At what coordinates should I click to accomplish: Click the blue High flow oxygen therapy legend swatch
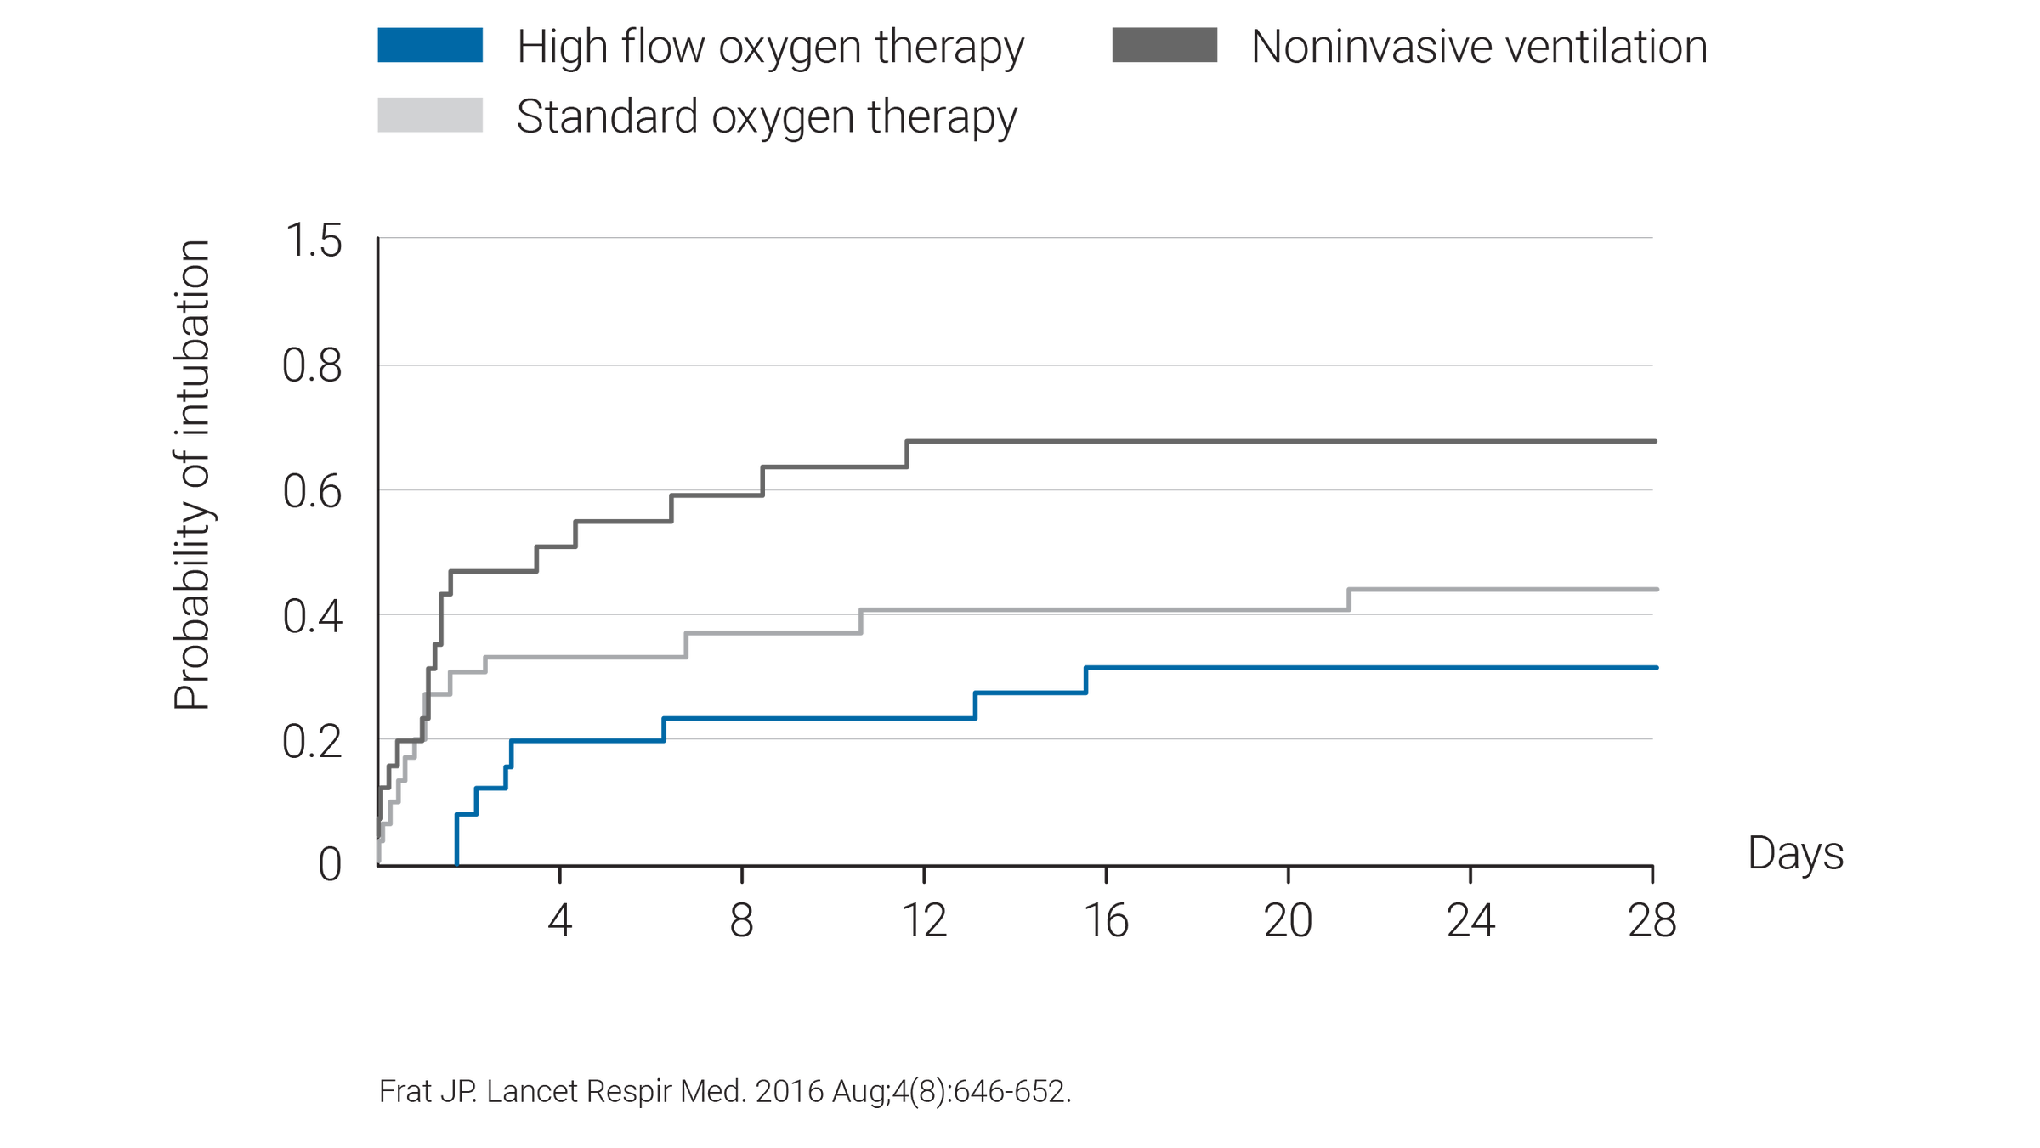pyautogui.click(x=430, y=46)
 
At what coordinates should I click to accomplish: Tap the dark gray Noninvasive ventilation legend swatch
pyautogui.click(x=1164, y=46)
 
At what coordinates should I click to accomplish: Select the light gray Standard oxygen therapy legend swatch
pyautogui.click(x=430, y=116)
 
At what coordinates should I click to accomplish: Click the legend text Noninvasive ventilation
pyautogui.click(x=1478, y=48)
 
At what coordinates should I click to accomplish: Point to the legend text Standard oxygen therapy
pyautogui.click(x=766, y=117)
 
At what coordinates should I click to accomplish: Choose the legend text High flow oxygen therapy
pyautogui.click(x=770, y=48)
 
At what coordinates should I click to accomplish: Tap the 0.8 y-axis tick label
pyautogui.click(x=313, y=366)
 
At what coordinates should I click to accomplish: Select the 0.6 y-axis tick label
pyautogui.click(x=313, y=492)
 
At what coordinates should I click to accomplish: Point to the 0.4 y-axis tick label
pyautogui.click(x=313, y=616)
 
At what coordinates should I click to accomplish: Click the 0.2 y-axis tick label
pyautogui.click(x=313, y=742)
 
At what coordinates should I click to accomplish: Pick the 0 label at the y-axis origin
pyautogui.click(x=330, y=866)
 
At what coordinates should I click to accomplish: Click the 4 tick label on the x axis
pyautogui.click(x=559, y=921)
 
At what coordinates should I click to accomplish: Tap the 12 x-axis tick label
pyautogui.click(x=925, y=921)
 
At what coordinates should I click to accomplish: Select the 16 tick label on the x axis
pyautogui.click(x=1107, y=921)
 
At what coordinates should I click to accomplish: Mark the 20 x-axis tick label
pyautogui.click(x=1289, y=921)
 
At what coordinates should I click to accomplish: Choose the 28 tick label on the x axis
pyautogui.click(x=1652, y=921)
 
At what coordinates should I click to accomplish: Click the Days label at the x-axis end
pyautogui.click(x=1795, y=854)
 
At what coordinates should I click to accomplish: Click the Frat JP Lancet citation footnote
pyautogui.click(x=725, y=1091)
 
